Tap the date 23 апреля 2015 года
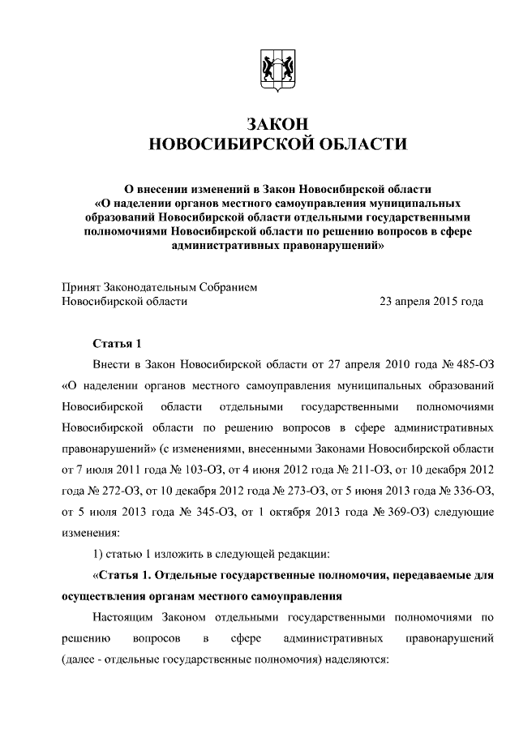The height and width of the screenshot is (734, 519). (x=431, y=301)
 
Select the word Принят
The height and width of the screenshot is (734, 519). (x=82, y=286)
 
